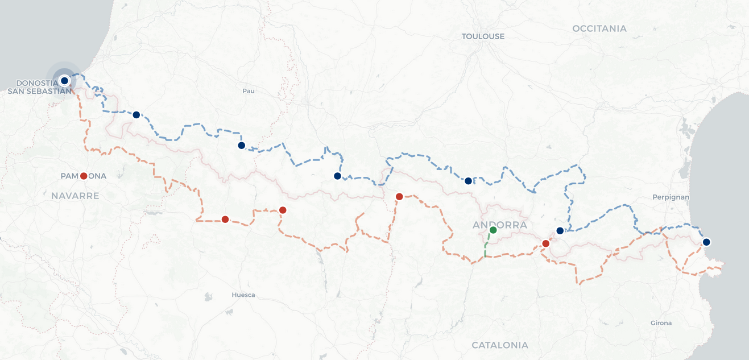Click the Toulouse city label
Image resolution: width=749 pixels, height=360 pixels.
click(483, 36)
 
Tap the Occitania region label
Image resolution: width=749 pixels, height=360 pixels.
click(599, 28)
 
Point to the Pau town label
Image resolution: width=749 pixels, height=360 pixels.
click(248, 91)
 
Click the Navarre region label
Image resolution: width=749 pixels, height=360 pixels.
click(75, 196)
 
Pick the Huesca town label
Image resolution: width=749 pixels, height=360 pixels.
click(243, 295)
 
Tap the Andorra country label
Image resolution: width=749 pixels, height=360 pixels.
click(500, 225)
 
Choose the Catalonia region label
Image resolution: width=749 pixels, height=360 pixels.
click(500, 345)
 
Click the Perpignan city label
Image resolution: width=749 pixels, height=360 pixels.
click(672, 197)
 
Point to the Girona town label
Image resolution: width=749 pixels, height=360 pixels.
click(661, 323)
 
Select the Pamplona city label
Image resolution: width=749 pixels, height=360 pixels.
click(84, 176)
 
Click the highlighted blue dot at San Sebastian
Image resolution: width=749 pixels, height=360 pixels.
click(64, 81)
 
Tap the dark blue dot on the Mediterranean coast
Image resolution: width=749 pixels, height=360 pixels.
click(706, 242)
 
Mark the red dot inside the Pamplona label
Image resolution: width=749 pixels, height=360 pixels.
click(84, 176)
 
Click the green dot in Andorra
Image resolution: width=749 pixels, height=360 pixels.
click(493, 230)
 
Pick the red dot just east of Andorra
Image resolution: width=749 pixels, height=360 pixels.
click(545, 243)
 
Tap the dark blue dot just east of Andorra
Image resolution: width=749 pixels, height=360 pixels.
click(560, 230)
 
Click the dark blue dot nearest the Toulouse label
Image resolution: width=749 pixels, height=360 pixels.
click(468, 181)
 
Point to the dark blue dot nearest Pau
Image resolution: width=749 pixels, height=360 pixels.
click(241, 146)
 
